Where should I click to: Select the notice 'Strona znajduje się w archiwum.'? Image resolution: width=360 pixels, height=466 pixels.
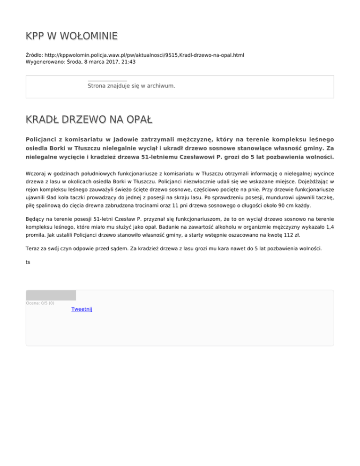(131, 86)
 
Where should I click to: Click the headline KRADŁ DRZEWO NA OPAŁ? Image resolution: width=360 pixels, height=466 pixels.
(89, 120)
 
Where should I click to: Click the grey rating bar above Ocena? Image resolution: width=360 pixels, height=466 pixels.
(51, 295)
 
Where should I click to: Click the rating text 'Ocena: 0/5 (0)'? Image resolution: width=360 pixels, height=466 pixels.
(40, 303)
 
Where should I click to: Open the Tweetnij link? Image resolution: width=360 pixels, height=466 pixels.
(82, 309)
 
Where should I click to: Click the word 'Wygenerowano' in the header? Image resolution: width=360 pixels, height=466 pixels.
(45, 61)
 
